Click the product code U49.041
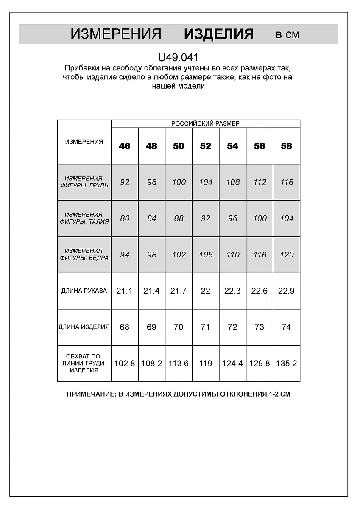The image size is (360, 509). (178, 57)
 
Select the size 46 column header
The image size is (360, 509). (125, 146)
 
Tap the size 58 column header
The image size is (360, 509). (287, 146)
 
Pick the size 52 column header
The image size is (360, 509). (206, 146)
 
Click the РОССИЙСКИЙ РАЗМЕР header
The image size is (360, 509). (205, 123)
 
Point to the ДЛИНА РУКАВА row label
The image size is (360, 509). (84, 291)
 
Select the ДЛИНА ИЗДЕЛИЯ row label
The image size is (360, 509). (84, 327)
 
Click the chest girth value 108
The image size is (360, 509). (233, 182)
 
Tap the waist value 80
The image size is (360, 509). (125, 218)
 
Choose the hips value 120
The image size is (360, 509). (287, 255)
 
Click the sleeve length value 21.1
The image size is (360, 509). (125, 291)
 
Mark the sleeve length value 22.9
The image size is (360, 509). (287, 291)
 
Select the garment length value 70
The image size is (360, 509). (179, 327)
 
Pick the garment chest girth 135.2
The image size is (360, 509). (287, 364)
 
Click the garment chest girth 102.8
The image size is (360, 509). (125, 364)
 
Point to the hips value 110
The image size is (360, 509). (233, 255)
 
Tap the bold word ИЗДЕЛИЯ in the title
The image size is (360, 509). (219, 34)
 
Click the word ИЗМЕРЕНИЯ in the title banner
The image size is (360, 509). (116, 34)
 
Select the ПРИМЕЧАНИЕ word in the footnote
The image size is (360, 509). (90, 394)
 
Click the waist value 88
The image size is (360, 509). (179, 218)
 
